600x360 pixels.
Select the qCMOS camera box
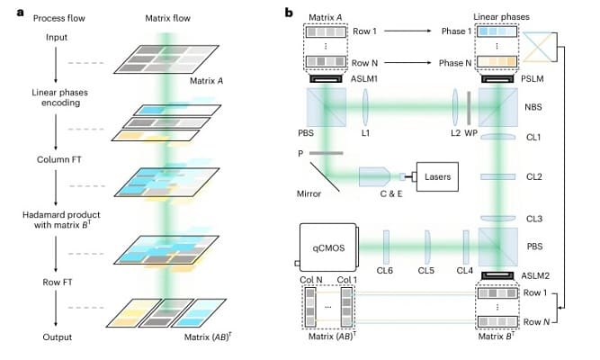pos(327,244)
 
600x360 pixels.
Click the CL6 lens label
pos(385,270)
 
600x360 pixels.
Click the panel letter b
pos(287,13)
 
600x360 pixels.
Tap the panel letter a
pos(8,13)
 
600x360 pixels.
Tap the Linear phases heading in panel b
pos(508,17)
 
